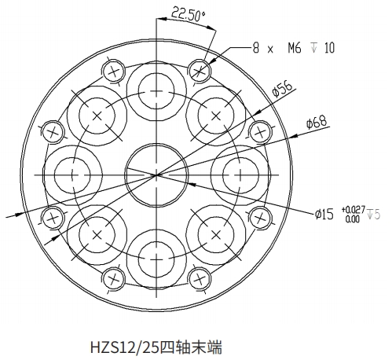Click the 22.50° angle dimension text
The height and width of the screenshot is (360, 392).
188,15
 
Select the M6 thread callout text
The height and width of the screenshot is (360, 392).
295,48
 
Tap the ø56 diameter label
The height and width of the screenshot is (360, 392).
282,89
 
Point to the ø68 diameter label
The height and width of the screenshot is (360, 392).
317,122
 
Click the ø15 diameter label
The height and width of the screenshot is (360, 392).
324,215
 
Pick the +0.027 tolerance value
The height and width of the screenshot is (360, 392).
354,210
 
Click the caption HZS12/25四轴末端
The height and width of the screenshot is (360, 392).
156,347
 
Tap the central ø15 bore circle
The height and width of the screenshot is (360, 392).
156,174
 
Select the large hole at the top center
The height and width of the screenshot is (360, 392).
156,91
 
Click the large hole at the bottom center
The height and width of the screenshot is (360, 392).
156,259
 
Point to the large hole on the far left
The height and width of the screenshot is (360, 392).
72,174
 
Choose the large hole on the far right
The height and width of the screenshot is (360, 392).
240,174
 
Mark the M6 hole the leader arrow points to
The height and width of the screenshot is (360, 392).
200,71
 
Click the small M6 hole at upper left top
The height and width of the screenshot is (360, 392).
113,72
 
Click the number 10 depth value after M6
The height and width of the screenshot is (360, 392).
330,48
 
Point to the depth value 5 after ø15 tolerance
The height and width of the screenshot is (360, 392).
377,215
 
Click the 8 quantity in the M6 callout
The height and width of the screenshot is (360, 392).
256,48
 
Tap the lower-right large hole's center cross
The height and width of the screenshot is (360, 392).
216,235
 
